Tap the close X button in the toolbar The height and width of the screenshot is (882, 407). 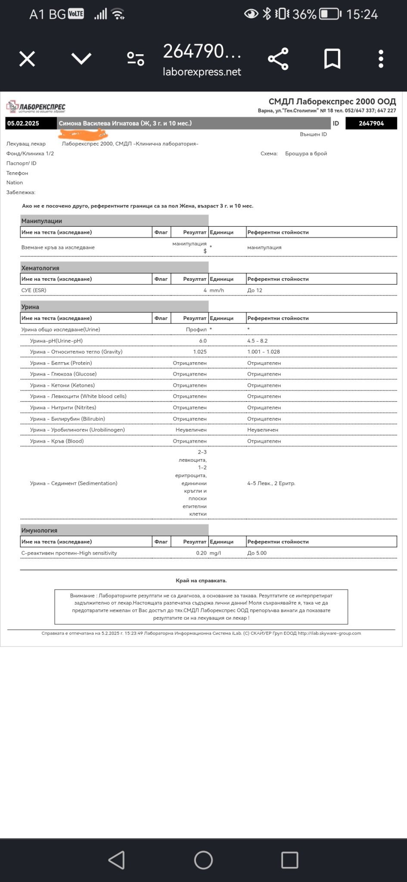pos(27,59)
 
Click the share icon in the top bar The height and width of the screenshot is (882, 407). pos(278,59)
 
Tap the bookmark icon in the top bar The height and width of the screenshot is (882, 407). pos(332,59)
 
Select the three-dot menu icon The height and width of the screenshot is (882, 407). pos(381,59)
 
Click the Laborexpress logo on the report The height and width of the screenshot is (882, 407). pos(36,106)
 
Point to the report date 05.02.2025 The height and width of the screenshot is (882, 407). pos(23,124)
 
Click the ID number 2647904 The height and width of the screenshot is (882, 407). pos(371,124)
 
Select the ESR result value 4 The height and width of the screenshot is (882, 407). pos(205,290)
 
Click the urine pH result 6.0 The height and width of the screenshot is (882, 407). pos(203,341)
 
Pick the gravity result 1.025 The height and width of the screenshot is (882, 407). pos(200,352)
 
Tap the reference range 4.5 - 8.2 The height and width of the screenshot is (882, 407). pos(258,341)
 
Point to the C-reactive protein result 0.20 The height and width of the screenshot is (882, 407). pos(201,553)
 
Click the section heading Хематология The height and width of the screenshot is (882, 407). pos(40,268)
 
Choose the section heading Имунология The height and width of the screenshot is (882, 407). pos(39,531)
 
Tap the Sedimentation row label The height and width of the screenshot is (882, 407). pos(74,483)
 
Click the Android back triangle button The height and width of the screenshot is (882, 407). pos(117,860)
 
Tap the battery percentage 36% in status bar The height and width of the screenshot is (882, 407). pos(304,15)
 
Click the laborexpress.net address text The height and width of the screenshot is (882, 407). pos(202,72)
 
